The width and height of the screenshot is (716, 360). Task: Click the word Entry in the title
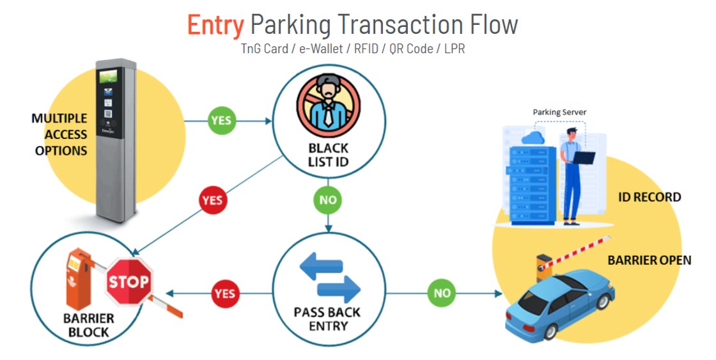pos(215,25)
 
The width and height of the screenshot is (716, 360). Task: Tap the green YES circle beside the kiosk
pos(221,120)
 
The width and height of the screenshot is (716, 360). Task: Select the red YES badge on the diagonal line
pos(212,200)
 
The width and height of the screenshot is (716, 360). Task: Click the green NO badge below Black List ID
pos(327,200)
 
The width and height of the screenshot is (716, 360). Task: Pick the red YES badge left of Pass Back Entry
pos(224,293)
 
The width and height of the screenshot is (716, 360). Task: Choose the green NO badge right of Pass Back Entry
pos(442,293)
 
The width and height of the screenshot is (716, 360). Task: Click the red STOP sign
pos(128,281)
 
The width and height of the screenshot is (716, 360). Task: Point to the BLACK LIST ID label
pos(329,155)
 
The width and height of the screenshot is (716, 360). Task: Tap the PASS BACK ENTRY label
pos(329,318)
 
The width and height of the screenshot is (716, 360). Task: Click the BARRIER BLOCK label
pos(88,325)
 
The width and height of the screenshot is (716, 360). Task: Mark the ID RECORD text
pos(648,197)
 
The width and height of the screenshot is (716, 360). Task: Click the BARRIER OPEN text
pos(649,260)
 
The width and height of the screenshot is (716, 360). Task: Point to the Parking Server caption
pos(559,113)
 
